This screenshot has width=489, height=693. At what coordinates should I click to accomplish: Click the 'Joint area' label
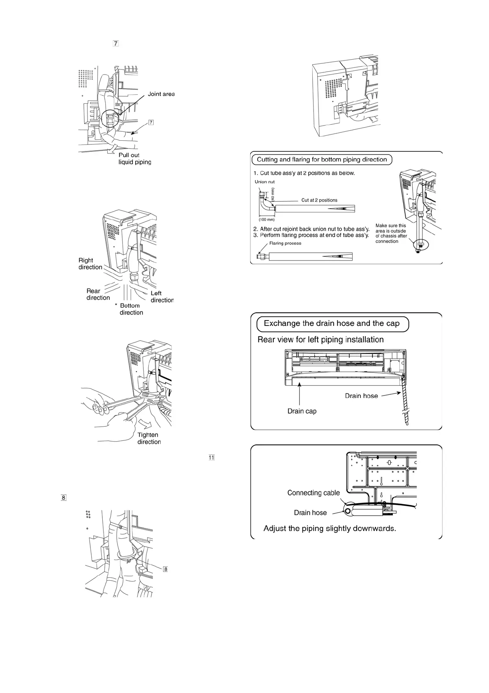pos(161,94)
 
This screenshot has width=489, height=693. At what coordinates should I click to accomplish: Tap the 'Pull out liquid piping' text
pos(135,159)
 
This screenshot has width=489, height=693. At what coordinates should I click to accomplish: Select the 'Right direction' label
pos(90,264)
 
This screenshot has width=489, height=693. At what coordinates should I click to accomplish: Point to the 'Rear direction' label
pos(98,294)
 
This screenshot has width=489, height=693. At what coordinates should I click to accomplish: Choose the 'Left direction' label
pos(162,297)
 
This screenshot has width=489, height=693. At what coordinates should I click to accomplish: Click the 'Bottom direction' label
pos(131,309)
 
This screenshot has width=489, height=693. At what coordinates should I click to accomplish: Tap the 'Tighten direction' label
pos(149,438)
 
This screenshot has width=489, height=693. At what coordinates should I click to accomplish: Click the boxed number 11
pos(212,457)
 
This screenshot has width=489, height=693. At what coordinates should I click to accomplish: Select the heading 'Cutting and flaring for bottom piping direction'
pos(322,160)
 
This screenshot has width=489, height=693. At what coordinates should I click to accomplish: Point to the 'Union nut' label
pos(265,182)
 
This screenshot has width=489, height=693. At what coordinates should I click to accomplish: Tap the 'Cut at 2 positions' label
pos(319,200)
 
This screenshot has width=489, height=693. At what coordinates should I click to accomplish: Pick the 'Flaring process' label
pos(285,243)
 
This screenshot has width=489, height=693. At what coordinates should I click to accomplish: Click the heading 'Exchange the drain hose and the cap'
pos(332,323)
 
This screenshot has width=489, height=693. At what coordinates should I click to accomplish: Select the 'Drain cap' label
pos(302,411)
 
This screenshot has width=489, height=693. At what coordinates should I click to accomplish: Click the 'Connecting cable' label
pos(314,493)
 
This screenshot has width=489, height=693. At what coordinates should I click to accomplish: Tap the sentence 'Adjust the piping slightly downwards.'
pos(330,528)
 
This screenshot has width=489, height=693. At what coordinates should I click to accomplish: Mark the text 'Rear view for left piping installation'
pos(321,340)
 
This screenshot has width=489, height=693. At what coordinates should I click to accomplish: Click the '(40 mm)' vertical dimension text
pos(272,194)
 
